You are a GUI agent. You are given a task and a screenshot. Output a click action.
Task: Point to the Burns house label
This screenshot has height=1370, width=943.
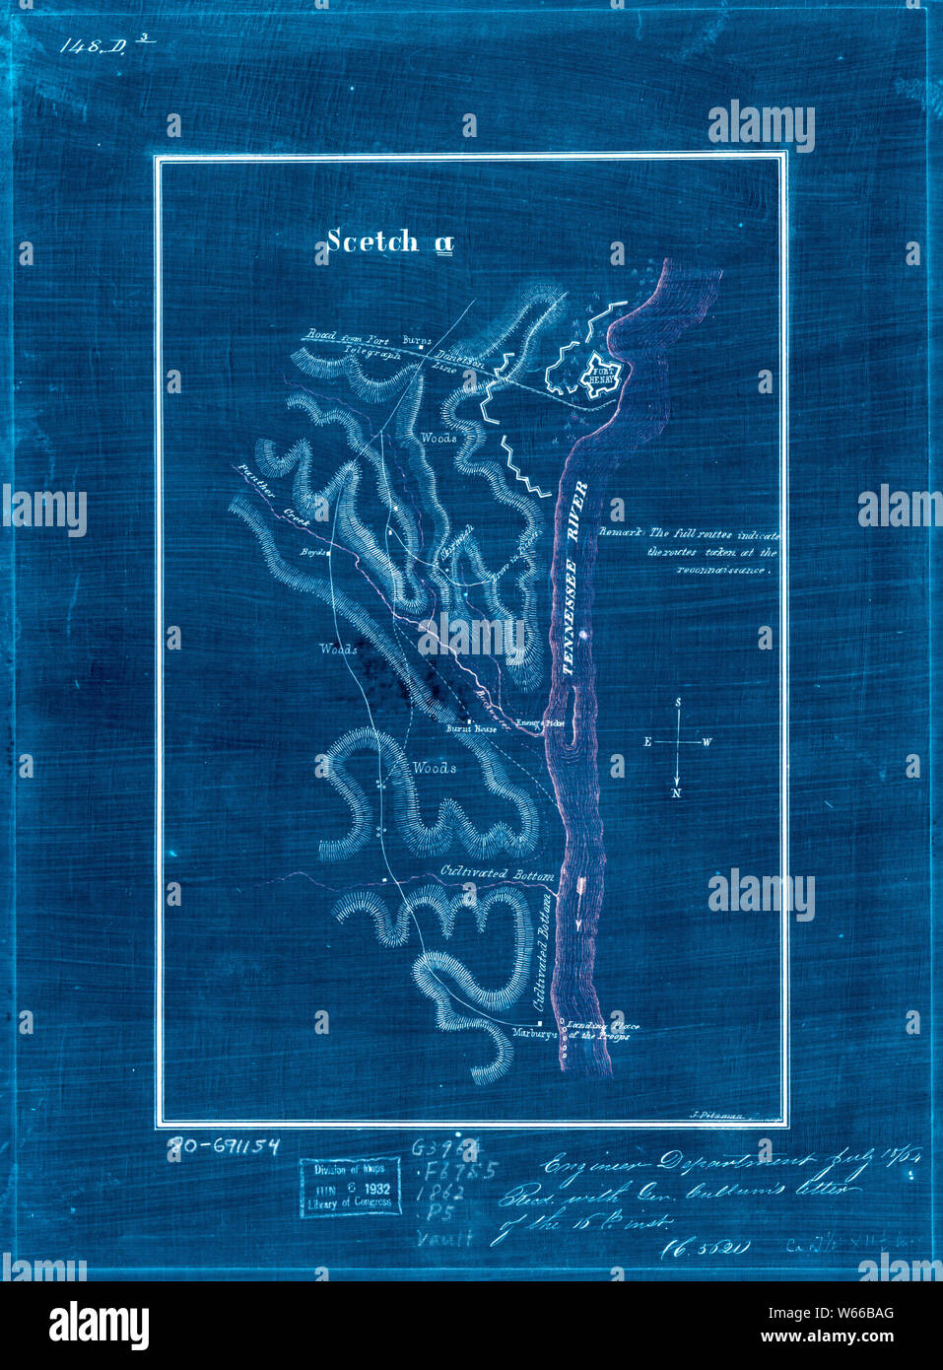(417, 341)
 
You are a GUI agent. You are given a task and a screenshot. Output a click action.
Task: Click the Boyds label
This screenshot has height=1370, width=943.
(312, 552)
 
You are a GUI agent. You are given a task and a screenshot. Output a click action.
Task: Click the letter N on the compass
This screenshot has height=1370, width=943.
(677, 792)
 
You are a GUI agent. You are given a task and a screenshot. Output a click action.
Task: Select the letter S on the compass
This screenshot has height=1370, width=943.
(678, 702)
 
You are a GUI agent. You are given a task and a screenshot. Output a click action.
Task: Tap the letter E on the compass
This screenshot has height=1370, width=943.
(647, 742)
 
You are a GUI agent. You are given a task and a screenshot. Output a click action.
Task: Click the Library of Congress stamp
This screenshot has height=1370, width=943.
(351, 1188)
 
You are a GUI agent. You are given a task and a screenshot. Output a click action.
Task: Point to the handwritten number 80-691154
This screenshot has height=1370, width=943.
(224, 1145)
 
